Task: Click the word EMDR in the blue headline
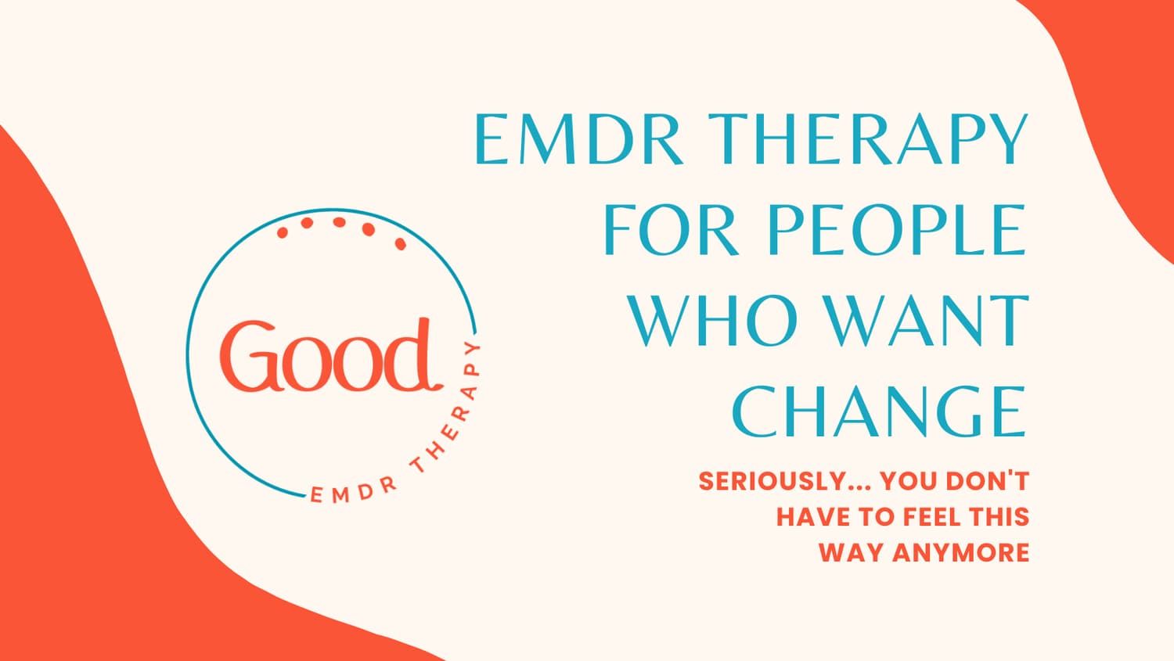[578, 138]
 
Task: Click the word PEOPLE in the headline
[896, 230]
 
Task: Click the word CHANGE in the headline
[879, 411]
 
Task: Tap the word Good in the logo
[330, 355]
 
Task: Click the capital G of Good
[248, 356]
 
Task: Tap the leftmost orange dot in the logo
[282, 232]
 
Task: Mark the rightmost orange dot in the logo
[401, 243]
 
